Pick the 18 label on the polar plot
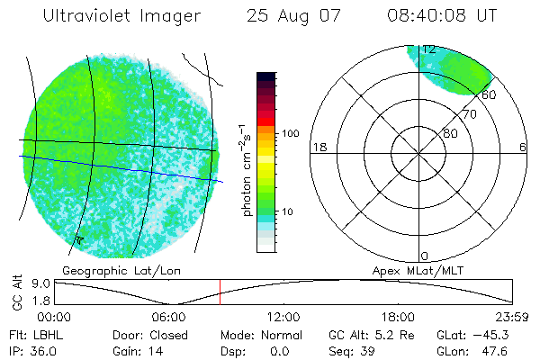[318, 147]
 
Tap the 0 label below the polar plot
[425, 256]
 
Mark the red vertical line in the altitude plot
[220, 292]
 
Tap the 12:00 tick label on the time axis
[284, 317]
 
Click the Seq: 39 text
[353, 350]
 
